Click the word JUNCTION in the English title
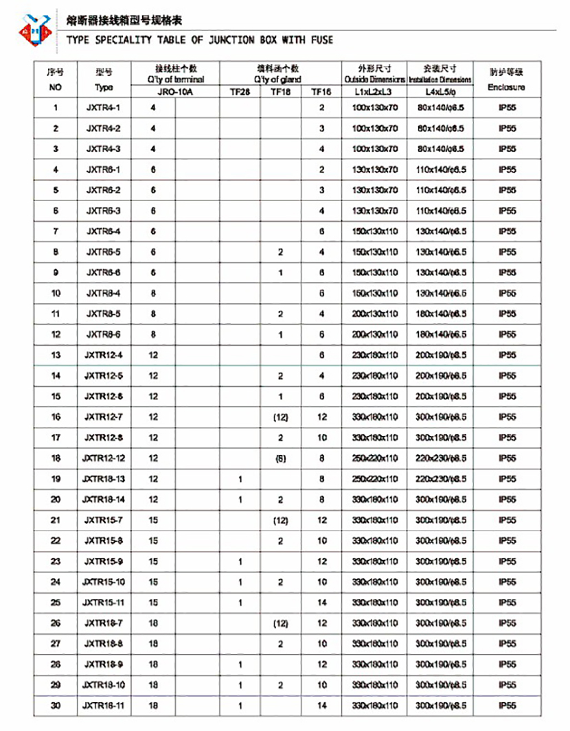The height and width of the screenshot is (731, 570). click(x=225, y=40)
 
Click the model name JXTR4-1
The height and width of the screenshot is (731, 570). click(x=104, y=108)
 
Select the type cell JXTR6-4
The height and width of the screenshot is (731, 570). click(x=104, y=231)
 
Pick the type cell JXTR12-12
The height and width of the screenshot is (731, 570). click(x=104, y=458)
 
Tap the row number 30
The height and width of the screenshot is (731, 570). click(x=56, y=706)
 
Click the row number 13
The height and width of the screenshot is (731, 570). click(x=56, y=355)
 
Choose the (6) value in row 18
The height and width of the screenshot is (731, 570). click(x=280, y=458)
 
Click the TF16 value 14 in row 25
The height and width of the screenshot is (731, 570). click(x=321, y=603)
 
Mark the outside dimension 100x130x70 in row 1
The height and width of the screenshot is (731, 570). click(x=374, y=108)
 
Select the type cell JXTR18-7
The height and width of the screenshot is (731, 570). click(x=104, y=623)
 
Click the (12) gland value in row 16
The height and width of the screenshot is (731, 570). click(x=280, y=417)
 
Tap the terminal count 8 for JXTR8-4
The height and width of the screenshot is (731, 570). click(x=153, y=293)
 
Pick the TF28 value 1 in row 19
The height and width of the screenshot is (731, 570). click(x=240, y=479)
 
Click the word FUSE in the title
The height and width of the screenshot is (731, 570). click(x=321, y=40)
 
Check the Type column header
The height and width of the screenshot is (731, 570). click(x=104, y=87)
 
